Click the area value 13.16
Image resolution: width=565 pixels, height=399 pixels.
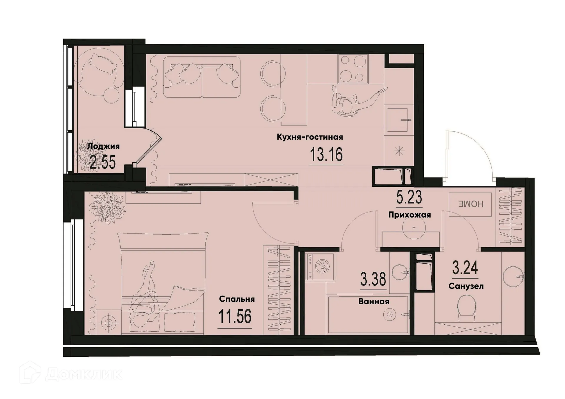click(x=326, y=155)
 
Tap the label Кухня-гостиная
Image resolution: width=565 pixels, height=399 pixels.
click(x=310, y=137)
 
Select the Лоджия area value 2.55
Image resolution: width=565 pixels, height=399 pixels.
click(x=103, y=162)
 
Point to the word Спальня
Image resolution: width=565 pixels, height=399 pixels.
click(x=237, y=299)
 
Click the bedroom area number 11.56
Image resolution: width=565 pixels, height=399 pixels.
click(x=235, y=317)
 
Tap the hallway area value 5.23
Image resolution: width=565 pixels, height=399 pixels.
click(x=409, y=197)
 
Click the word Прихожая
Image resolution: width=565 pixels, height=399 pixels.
click(x=409, y=215)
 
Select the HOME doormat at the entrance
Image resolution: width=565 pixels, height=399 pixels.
click(x=470, y=204)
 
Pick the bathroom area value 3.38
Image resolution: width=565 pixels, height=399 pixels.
click(x=373, y=279)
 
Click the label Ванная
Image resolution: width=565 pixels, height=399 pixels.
click(x=374, y=301)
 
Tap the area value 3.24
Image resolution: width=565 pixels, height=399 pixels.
click(x=465, y=268)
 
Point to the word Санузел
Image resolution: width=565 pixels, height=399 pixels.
click(x=466, y=286)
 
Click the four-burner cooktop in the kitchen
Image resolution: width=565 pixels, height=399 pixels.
click(x=353, y=69)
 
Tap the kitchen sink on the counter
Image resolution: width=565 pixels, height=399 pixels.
click(x=398, y=120)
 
